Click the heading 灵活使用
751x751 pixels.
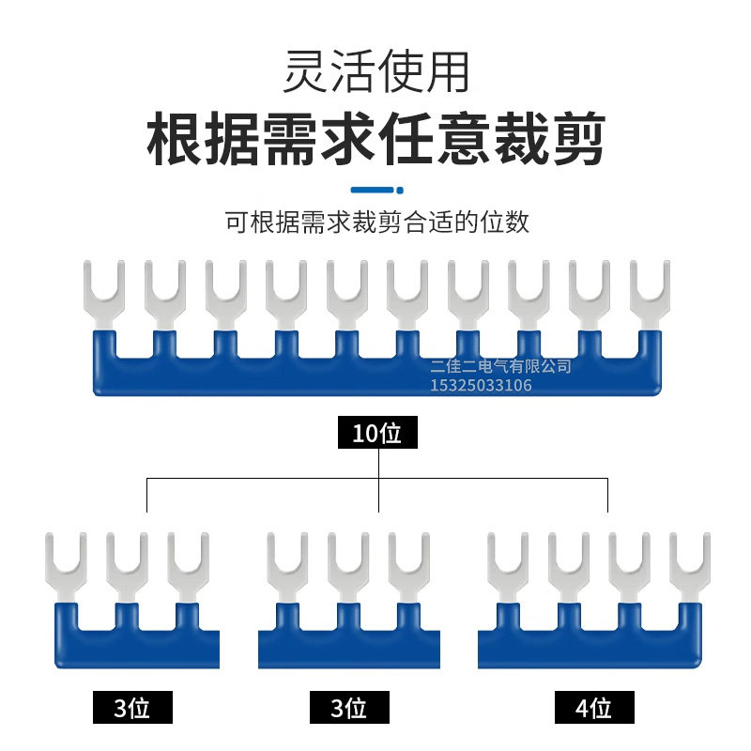coord(376,71)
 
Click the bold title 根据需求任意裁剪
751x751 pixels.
coord(376,138)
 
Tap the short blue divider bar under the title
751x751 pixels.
coord(377,191)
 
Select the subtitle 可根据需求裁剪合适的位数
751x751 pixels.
coord(377,222)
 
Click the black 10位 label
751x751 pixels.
coord(377,432)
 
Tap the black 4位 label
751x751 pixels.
coord(594,707)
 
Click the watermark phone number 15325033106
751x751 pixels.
coord(481,385)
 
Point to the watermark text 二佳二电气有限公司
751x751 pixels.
coord(501,366)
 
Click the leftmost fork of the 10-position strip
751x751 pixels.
coord(104,295)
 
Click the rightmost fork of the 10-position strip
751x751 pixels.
coord(650,295)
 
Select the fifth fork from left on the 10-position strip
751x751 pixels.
coord(346,295)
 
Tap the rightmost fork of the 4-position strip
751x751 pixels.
coord(690,568)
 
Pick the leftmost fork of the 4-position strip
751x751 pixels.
coord(508,568)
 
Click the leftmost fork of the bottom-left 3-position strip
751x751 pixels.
coord(66,568)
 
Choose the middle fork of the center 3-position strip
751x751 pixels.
coord(348,568)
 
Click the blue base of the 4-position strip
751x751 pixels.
coord(590,649)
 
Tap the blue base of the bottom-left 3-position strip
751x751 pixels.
coord(137,649)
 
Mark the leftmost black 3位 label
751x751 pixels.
coord(132,707)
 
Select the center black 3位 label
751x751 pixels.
coord(349,707)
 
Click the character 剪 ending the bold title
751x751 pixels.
coord(579,138)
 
